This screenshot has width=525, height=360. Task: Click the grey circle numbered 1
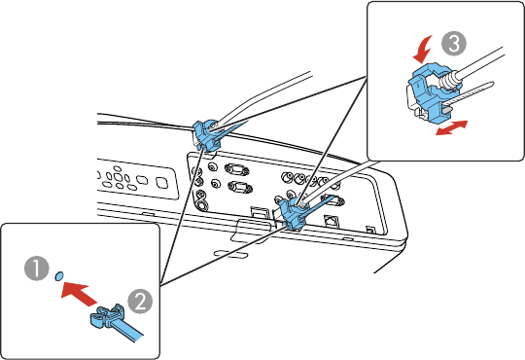37,269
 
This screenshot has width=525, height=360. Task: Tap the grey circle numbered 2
140,301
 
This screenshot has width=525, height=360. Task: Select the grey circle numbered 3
454,43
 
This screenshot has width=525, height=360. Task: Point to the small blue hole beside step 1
59,275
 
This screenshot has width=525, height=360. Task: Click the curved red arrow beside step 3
423,50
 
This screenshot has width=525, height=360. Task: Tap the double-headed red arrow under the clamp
451,127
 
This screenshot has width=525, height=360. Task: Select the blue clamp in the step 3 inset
429,90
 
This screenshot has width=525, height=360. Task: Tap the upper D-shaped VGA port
236,169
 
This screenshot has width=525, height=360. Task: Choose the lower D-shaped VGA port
240,187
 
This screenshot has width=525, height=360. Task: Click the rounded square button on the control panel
161,182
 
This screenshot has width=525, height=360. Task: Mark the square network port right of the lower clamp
330,221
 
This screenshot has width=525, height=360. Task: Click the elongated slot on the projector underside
231,254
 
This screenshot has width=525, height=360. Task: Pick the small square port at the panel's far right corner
370,230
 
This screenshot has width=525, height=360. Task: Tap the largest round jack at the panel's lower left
201,204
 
